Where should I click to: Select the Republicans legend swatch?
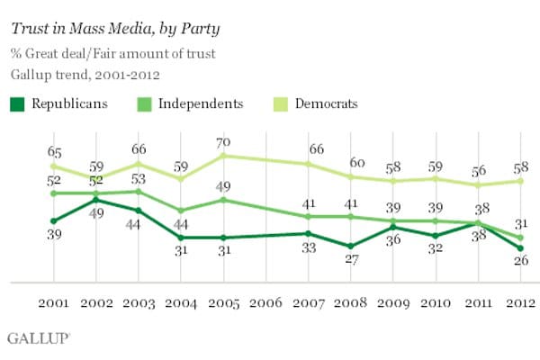coord(17,103)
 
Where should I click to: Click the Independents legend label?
coord(200,103)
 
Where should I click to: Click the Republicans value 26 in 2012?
coord(520,261)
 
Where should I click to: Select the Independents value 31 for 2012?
coord(520,224)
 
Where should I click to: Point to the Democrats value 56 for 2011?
coord(479,172)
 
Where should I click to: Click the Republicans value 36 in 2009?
coord(393,240)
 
